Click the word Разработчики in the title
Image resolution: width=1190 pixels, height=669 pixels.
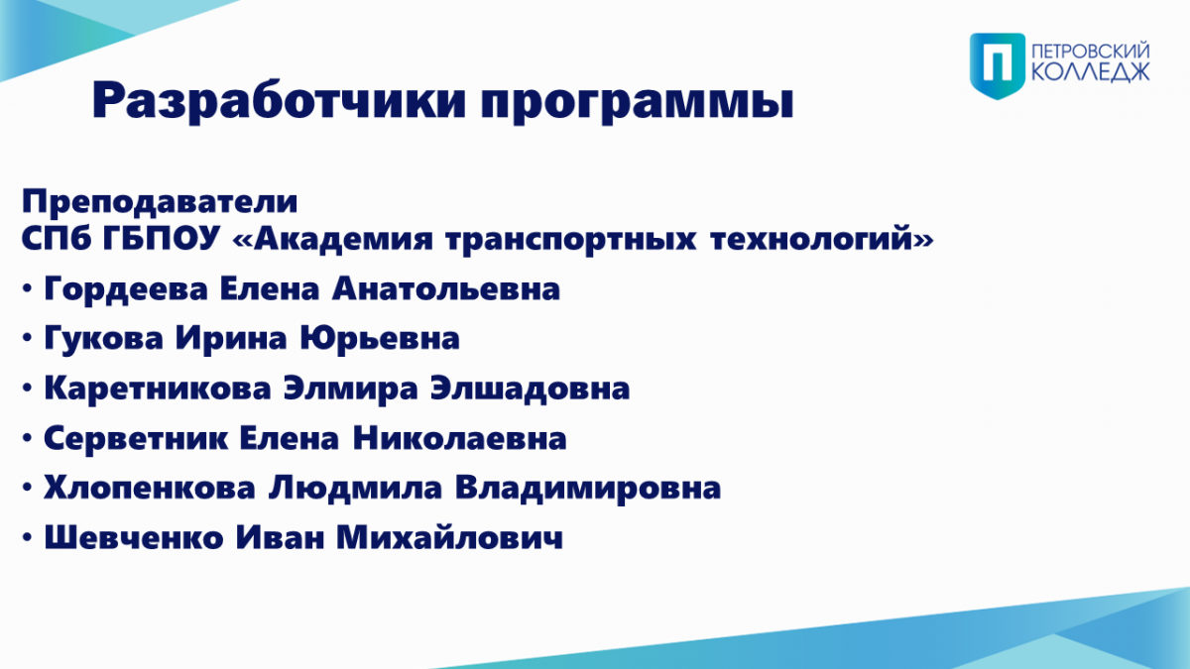pos(280,101)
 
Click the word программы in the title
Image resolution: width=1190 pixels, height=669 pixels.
pos(637,104)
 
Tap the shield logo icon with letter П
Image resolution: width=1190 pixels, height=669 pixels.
pos(998,65)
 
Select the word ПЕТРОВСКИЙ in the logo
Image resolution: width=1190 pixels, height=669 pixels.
pos(1091,53)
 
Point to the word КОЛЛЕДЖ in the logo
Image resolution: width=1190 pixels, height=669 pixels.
pos(1091,72)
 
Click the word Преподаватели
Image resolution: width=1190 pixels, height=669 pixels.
pos(160,202)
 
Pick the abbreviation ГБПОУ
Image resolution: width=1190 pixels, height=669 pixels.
pos(161,239)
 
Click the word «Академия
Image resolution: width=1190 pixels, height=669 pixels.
pos(333,239)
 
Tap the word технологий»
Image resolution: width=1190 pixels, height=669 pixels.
pos(821,239)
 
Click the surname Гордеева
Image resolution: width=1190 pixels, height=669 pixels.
pos(126,289)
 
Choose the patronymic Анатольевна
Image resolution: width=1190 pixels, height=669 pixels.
pos(446,288)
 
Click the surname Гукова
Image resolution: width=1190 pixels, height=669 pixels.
pos(103,339)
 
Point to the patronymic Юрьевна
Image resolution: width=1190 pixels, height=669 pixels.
pos(380,339)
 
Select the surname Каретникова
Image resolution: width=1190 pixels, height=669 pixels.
pos(158,389)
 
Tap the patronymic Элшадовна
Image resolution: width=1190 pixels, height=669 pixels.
pos(530,389)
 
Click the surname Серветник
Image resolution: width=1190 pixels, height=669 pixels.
pos(136,438)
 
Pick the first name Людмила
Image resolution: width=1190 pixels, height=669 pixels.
pos(355,488)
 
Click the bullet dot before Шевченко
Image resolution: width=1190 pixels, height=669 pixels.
pos(27,537)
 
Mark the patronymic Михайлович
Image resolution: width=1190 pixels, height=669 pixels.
pos(449,537)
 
